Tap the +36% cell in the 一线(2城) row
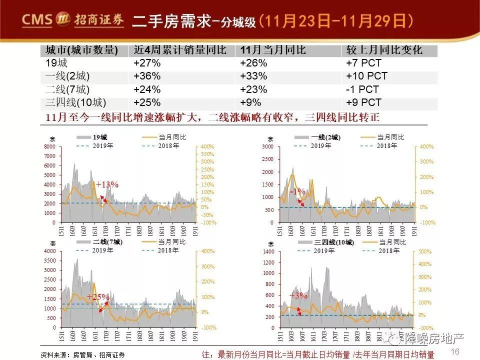point(147,76)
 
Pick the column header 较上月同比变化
point(384,50)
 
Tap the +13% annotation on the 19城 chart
point(107,185)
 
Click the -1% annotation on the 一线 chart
point(298,191)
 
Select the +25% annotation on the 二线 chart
point(98,297)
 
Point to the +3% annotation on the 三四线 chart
point(298,295)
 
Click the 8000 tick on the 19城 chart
point(49,146)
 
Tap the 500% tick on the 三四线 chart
point(425,251)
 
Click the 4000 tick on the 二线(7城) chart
point(49,251)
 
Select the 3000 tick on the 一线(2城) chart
point(268,146)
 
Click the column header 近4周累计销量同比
point(180,50)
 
